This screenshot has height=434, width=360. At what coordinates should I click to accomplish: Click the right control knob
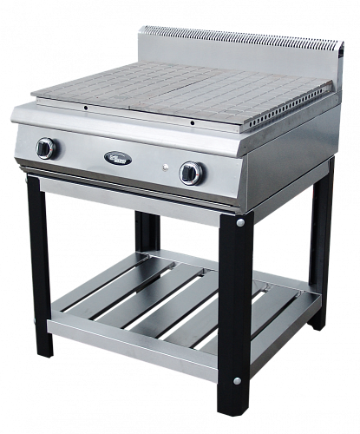(189, 172)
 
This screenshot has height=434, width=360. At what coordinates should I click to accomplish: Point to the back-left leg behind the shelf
(147, 234)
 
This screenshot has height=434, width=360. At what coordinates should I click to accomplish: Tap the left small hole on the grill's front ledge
(85, 108)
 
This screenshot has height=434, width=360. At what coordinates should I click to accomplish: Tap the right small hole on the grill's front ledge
(193, 122)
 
